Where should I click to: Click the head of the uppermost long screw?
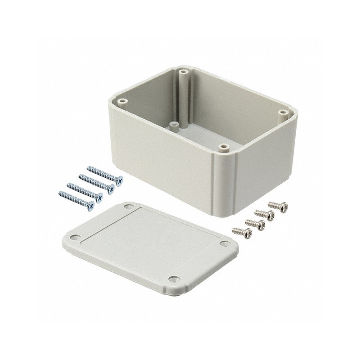(x=119, y=182)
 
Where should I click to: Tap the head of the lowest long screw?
(x=91, y=207)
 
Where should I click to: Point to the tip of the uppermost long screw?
(x=89, y=168)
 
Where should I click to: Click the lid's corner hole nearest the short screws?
(x=225, y=243)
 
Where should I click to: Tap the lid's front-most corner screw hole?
(x=173, y=279)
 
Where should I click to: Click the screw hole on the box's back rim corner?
(x=183, y=72)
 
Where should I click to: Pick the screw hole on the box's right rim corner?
(x=282, y=112)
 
